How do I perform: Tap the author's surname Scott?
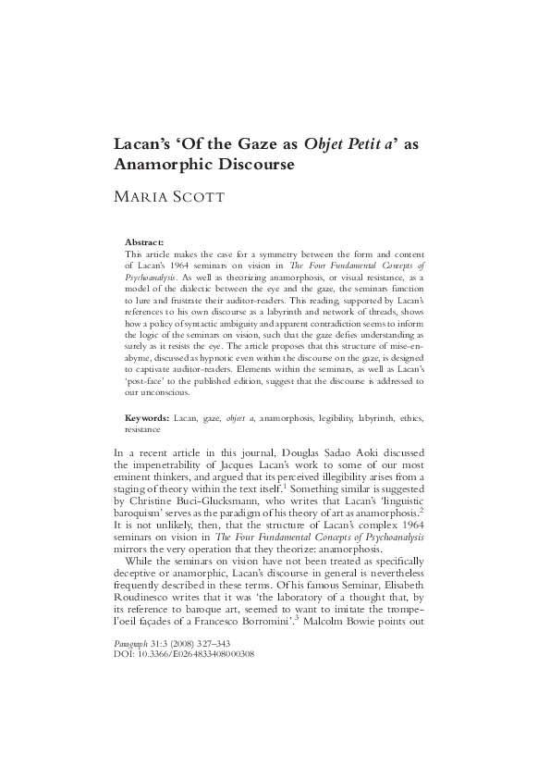(x=204, y=196)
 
